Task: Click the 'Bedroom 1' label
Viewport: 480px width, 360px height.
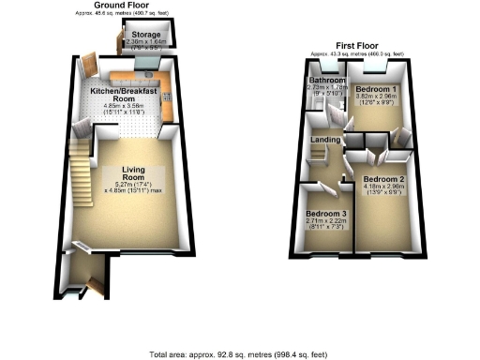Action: click(x=374, y=89)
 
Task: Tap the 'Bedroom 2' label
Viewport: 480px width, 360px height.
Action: click(x=383, y=179)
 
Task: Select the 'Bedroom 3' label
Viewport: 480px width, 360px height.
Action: click(x=325, y=214)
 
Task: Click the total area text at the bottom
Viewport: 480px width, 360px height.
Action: click(x=239, y=355)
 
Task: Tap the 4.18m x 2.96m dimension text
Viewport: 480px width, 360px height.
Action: click(x=383, y=187)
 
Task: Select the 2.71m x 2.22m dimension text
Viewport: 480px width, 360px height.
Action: click(x=325, y=222)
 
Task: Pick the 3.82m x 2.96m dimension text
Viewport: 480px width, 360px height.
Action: click(x=374, y=97)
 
